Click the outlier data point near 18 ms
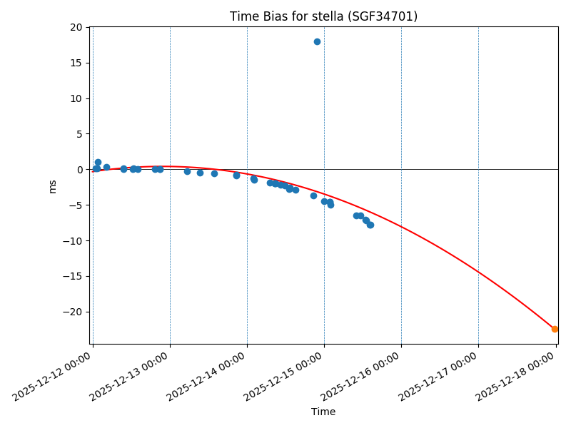pyautogui.click(x=317, y=41)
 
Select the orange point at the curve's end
pyautogui.click(x=555, y=329)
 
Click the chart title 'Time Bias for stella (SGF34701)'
pyautogui.click(x=323, y=16)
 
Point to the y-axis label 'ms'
pyautogui.click(x=52, y=186)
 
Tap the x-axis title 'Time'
pyautogui.click(x=323, y=412)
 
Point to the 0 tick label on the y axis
pyautogui.click(x=80, y=170)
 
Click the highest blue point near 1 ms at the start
pyautogui.click(x=98, y=162)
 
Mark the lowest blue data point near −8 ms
pyautogui.click(x=370, y=225)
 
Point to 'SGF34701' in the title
pyautogui.click(x=382, y=16)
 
